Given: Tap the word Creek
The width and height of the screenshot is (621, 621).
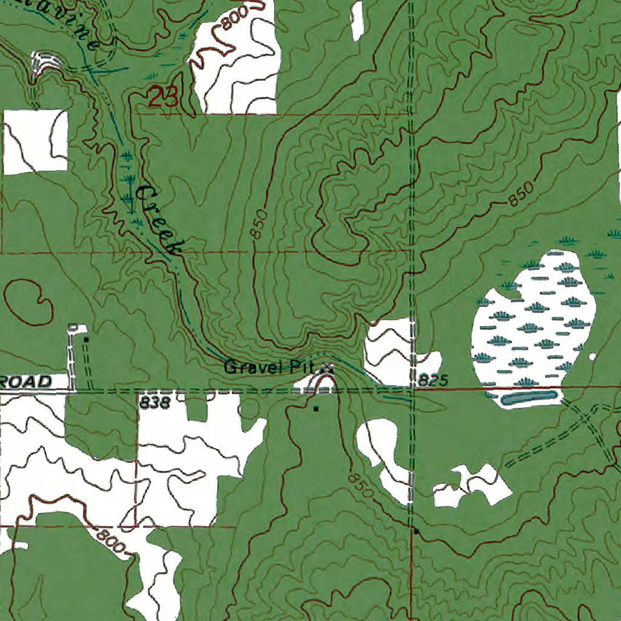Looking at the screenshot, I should [159, 220].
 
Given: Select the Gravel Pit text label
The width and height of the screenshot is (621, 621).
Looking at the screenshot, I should [272, 367].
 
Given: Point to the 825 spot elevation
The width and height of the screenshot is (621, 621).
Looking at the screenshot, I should [432, 381].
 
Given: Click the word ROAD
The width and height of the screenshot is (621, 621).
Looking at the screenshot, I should [27, 382].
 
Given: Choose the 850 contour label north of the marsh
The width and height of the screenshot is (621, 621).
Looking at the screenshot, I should [522, 193].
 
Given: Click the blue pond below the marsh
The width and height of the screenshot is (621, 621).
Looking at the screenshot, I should [529, 398].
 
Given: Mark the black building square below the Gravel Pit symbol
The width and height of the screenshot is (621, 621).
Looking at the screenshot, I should [316, 409].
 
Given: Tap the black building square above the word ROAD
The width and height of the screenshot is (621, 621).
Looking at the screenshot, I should [86, 340].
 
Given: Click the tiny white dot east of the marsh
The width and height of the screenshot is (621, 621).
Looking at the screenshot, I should [592, 357].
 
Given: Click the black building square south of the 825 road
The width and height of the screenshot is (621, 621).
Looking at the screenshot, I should [416, 531].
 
